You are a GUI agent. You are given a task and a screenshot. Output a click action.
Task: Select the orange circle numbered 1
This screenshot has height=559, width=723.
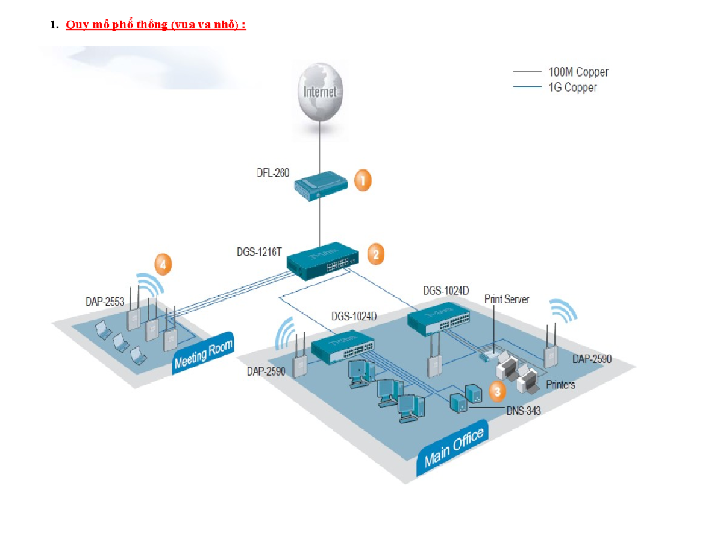(363, 180)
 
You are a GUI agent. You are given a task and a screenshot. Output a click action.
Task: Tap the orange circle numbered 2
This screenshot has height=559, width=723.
(375, 254)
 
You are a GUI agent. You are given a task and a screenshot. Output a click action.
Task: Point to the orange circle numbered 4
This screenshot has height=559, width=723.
(163, 264)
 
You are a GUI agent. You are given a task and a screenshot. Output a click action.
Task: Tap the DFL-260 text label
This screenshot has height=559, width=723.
(269, 173)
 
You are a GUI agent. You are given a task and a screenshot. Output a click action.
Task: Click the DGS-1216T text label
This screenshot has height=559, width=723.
(259, 252)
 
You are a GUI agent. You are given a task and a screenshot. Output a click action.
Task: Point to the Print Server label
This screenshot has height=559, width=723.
(507, 299)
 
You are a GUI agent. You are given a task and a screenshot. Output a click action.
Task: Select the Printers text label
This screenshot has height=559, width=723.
(560, 384)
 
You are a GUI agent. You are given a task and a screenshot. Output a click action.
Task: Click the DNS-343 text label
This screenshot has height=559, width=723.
(524, 411)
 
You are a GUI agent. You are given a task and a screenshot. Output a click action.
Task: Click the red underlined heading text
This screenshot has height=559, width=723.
(155, 25)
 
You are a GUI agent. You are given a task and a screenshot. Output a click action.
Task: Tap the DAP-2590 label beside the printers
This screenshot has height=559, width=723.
(592, 359)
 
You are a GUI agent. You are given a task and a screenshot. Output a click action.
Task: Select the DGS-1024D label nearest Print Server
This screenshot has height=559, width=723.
(446, 290)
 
